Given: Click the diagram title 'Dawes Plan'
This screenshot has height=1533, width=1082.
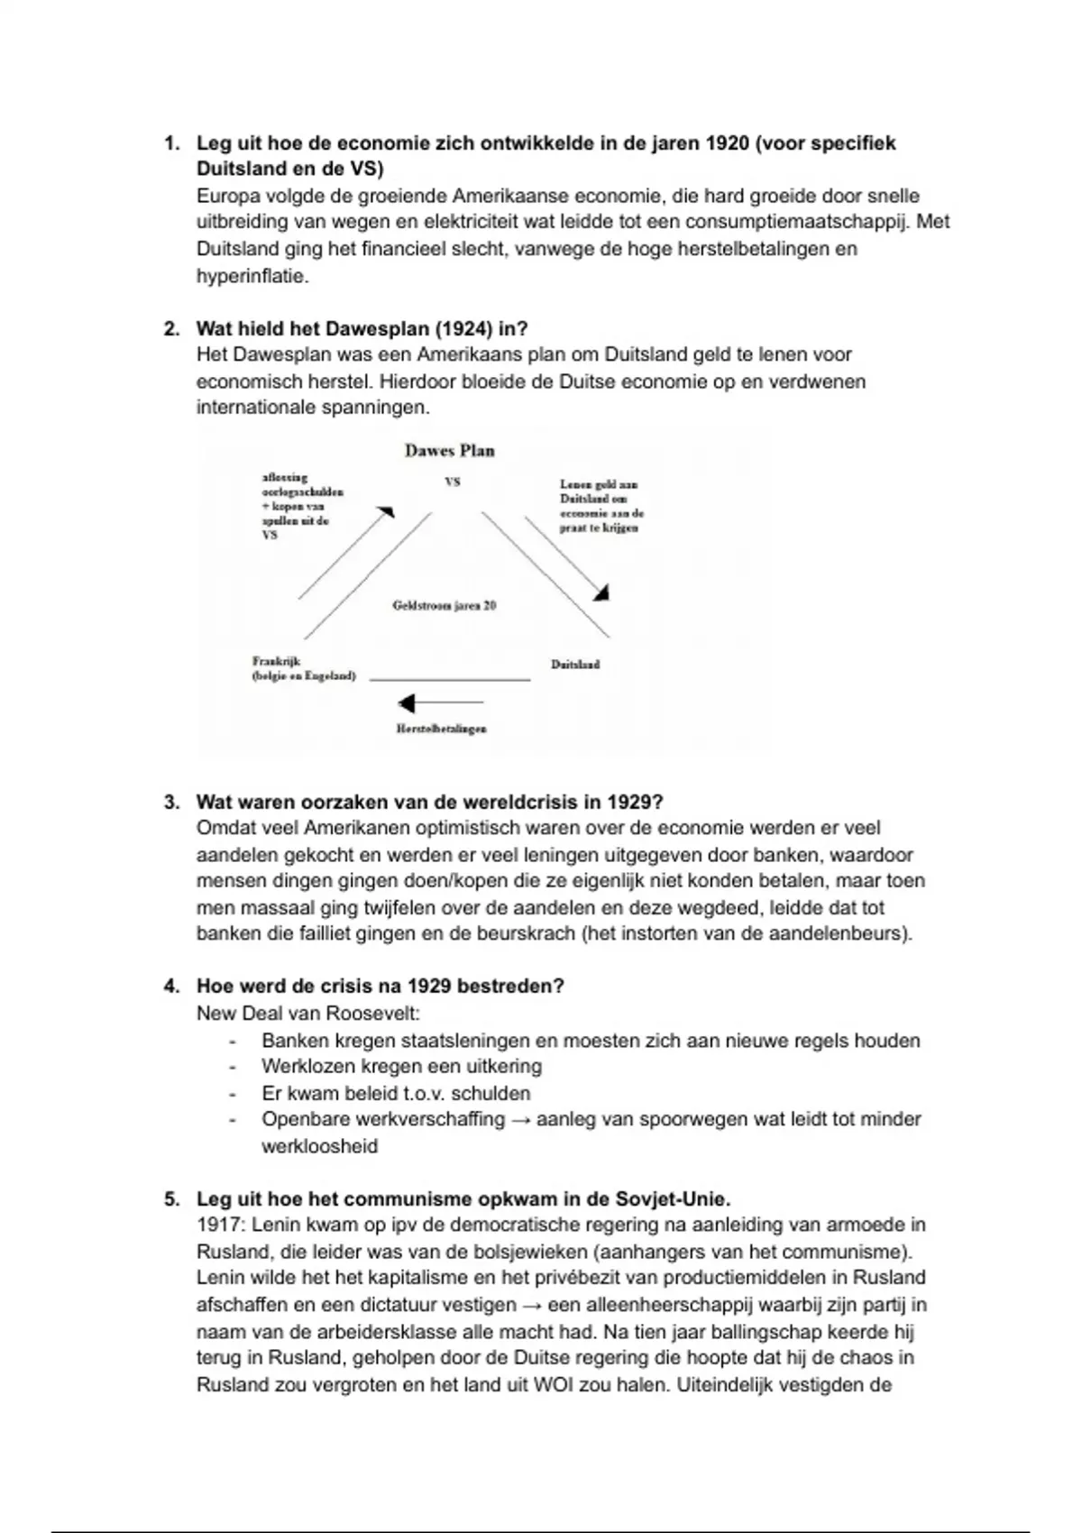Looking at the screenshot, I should click(x=449, y=451).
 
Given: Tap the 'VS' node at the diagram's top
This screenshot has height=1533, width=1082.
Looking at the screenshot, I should click(x=453, y=482).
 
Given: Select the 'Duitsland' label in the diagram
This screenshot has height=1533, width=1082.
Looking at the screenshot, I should click(x=575, y=665).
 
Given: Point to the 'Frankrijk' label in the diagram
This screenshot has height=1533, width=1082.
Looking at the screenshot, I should click(x=276, y=661).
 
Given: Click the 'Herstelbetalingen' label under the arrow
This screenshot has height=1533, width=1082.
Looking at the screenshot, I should click(x=442, y=729).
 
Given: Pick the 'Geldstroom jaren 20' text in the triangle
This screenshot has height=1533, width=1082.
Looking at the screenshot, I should click(x=445, y=606).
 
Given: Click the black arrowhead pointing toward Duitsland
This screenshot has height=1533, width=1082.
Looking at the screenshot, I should click(x=601, y=592).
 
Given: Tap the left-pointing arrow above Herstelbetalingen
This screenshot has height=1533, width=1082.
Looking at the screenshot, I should click(x=440, y=702).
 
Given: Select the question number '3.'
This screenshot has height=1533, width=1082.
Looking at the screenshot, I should click(x=171, y=802).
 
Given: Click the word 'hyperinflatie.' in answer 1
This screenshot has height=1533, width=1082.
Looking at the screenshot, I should click(x=252, y=276).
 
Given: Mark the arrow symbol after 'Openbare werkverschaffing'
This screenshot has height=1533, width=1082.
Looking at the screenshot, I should click(x=520, y=1119).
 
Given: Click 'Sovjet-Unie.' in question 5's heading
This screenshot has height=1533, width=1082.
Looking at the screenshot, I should click(x=674, y=1198).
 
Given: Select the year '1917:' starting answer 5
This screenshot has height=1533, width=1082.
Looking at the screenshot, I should click(x=221, y=1225).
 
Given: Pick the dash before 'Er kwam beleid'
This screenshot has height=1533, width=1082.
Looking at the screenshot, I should click(x=233, y=1094).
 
